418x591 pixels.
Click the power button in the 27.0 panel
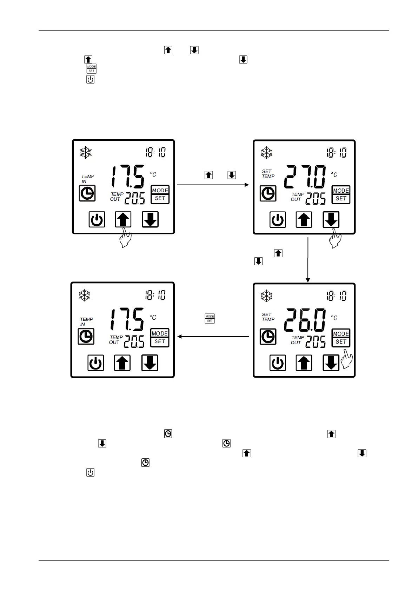(x=278, y=220)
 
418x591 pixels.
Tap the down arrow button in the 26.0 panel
(x=331, y=363)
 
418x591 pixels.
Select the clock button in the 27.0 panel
(x=268, y=193)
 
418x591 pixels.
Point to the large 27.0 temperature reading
(x=305, y=177)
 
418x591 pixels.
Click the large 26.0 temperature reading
(x=305, y=320)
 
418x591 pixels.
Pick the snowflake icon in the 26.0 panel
(x=267, y=296)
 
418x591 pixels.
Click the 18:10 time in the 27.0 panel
(x=337, y=153)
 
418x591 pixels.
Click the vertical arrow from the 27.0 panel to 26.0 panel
(x=308, y=260)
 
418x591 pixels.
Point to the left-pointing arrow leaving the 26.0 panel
(x=213, y=337)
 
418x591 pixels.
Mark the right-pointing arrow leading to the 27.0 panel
(x=213, y=185)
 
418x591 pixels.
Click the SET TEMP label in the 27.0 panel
(x=268, y=174)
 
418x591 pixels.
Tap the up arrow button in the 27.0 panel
(x=304, y=220)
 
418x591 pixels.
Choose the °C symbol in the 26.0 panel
(x=334, y=318)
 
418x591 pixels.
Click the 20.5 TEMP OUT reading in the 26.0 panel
(x=316, y=342)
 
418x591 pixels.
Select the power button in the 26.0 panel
(x=278, y=363)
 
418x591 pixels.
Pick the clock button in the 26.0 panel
(x=268, y=337)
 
